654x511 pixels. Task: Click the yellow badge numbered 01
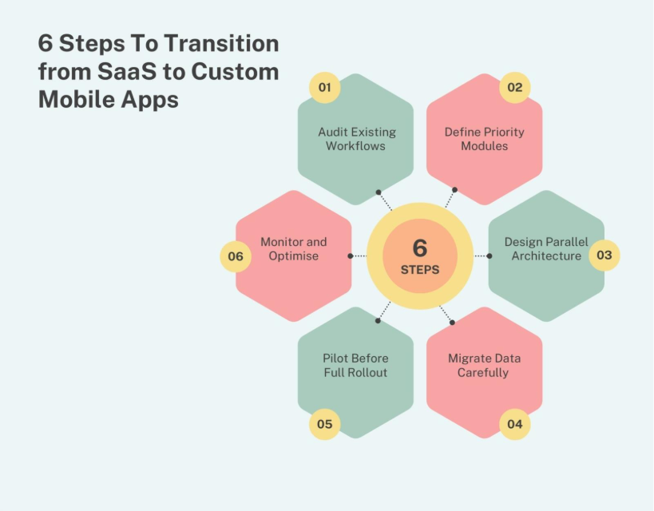(x=324, y=88)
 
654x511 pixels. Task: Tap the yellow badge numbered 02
(x=515, y=88)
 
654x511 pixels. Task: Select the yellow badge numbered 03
(x=604, y=255)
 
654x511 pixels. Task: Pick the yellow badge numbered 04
(x=515, y=424)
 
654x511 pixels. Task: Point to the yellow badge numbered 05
(x=324, y=424)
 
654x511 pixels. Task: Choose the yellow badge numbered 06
(x=236, y=256)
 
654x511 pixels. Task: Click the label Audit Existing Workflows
(x=357, y=139)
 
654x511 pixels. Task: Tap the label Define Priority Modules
(x=484, y=139)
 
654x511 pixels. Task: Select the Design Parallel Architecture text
(x=546, y=249)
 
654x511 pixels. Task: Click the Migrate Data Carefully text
(x=484, y=366)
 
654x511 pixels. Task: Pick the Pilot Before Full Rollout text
(x=356, y=366)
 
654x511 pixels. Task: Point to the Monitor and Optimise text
(x=294, y=249)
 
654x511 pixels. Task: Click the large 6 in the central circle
(x=420, y=248)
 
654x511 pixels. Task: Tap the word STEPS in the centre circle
(x=420, y=270)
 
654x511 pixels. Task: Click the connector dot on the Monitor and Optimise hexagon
(x=351, y=255)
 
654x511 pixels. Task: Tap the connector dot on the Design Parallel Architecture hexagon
(x=490, y=255)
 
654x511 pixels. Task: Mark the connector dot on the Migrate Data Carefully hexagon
(x=452, y=323)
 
